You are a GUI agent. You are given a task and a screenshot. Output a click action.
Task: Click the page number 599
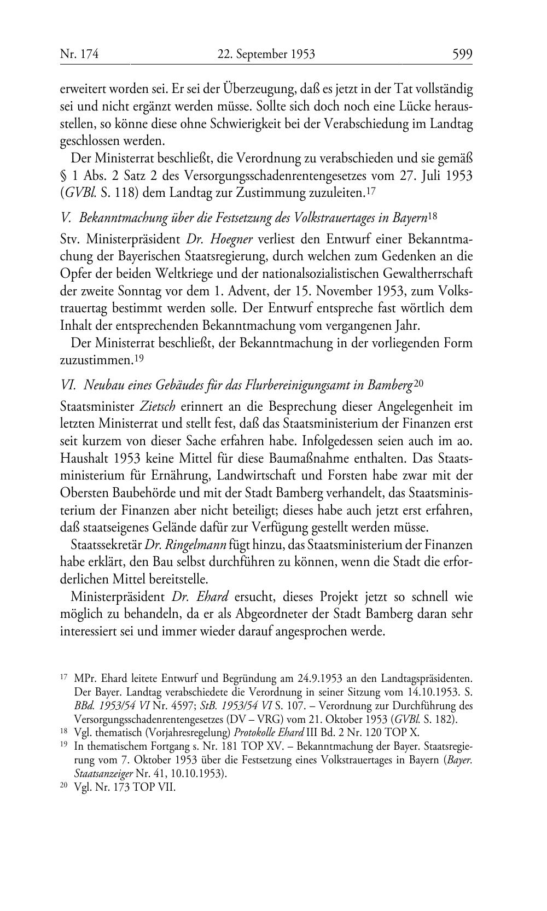point(462,54)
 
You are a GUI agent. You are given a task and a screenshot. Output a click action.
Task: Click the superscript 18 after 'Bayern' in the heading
point(433,216)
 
